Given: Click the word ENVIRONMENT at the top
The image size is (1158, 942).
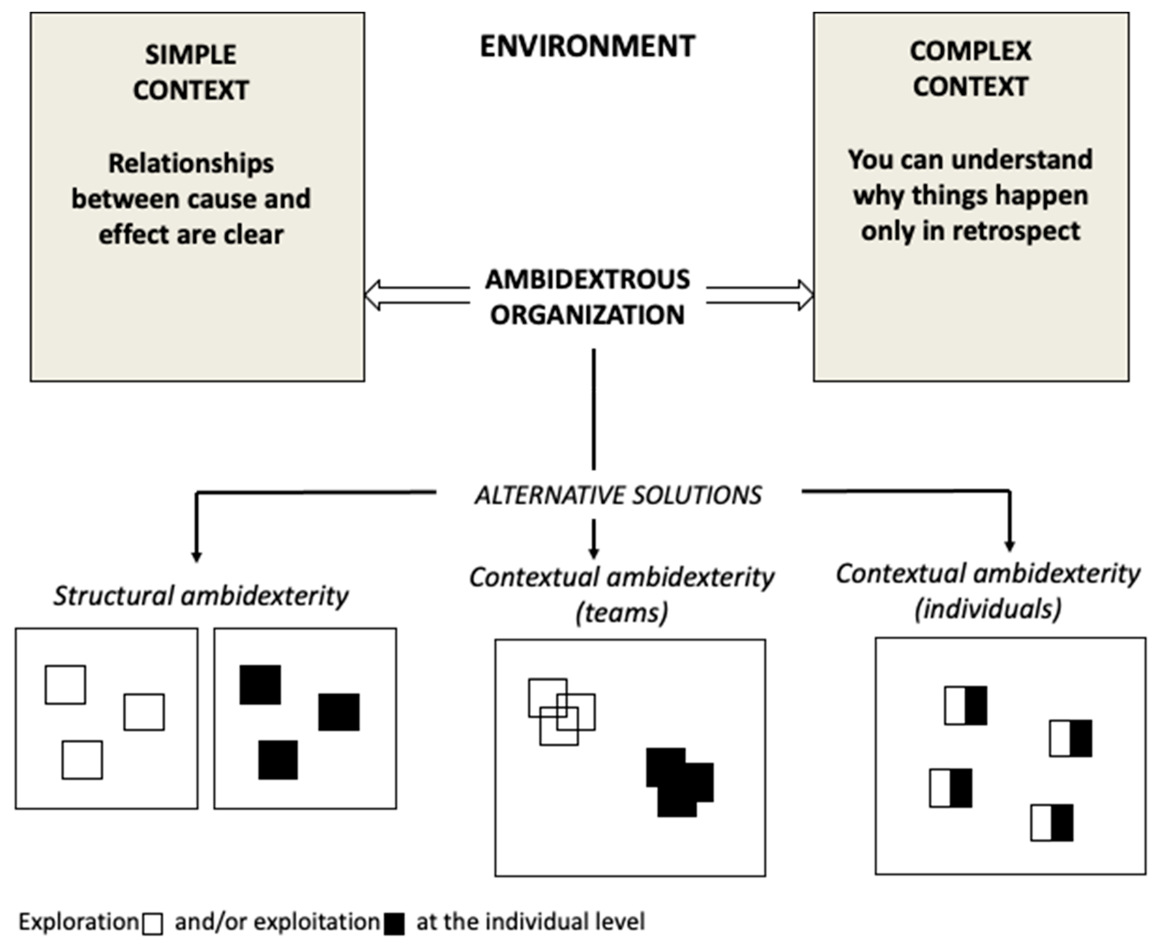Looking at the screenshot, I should click(x=587, y=46).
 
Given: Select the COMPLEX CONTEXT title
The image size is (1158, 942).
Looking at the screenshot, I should click(x=970, y=68).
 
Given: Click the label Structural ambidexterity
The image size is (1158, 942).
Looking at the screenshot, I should click(x=201, y=595).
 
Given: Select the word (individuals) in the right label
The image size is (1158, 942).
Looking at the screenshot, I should click(x=988, y=609).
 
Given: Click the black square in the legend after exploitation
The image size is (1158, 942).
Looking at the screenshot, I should click(x=394, y=924).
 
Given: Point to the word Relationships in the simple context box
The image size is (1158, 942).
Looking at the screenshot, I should click(x=191, y=163).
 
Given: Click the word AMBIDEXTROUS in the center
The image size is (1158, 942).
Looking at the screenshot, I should click(x=587, y=279).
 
